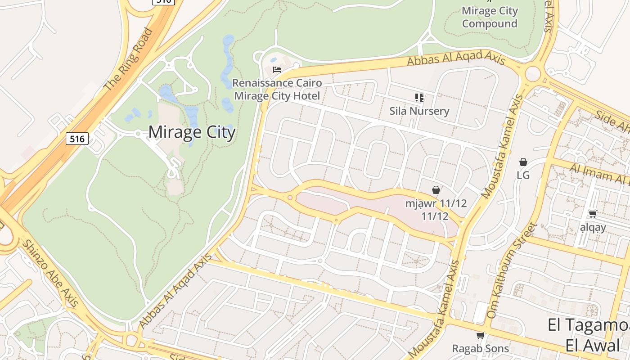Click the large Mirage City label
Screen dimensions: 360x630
192,132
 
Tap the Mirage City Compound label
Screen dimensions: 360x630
490,17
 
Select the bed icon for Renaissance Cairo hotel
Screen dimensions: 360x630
277,70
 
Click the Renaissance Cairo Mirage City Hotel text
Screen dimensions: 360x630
277,90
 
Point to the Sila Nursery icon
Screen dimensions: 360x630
419,97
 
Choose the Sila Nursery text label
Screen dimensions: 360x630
419,111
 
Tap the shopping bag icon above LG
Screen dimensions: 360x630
523,162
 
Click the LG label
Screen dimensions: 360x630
523,175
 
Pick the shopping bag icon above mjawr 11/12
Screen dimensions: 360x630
436,190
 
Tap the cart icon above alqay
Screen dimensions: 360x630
593,214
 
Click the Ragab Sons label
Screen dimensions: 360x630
480,348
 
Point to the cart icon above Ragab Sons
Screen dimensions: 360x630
480,335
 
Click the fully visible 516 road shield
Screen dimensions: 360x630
77,139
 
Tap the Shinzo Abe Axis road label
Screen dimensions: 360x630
50,273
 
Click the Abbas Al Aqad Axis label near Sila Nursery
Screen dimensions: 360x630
456,58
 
